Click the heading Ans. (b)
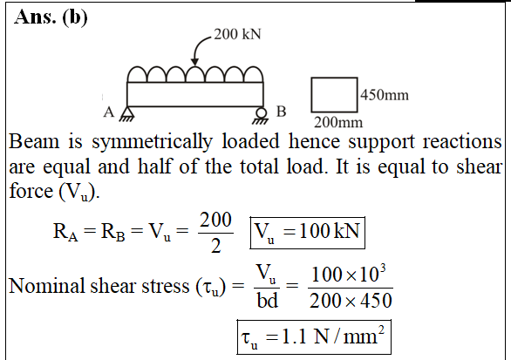(51, 17)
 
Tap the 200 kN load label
(237, 34)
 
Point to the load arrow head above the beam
(194, 62)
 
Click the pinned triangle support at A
(127, 114)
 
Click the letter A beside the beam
(109, 112)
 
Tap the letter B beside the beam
(282, 112)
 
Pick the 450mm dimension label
(385, 95)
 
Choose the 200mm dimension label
(338, 123)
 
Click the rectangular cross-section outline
(311, 95)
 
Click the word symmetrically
(152, 142)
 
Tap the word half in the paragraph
(154, 166)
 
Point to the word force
(31, 191)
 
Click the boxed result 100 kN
(307, 233)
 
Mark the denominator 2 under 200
(215, 246)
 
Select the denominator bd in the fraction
(267, 300)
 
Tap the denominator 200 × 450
(351, 301)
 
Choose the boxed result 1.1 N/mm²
(314, 337)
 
